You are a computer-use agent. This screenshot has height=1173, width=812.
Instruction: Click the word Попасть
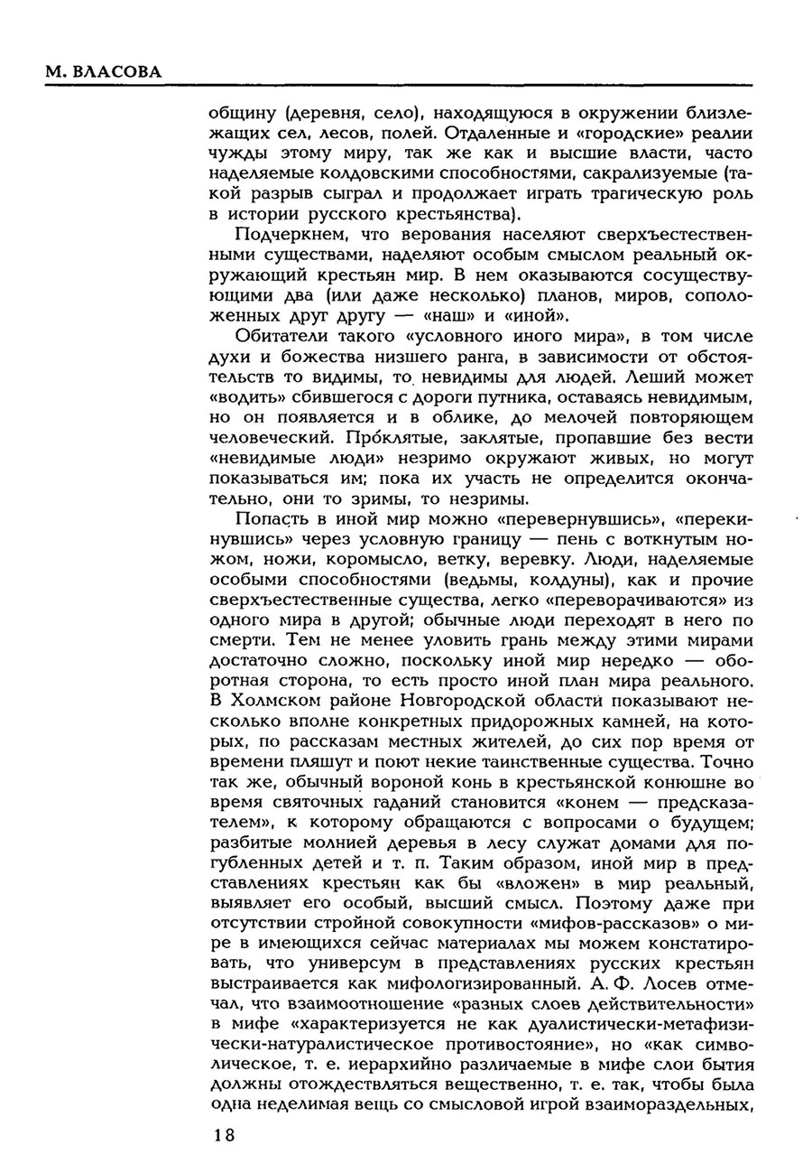click(272, 519)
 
